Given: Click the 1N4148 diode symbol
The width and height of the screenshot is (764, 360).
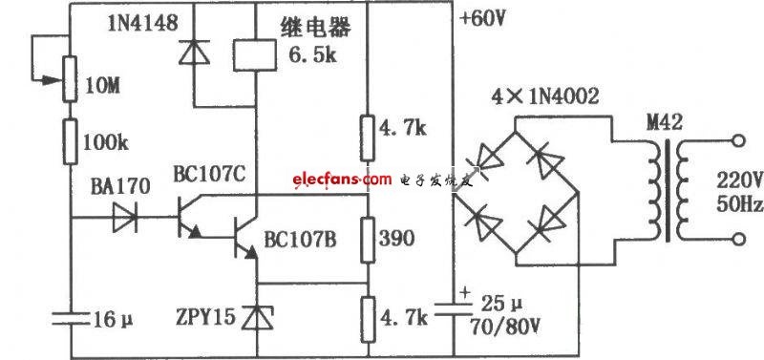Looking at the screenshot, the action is point(194,53).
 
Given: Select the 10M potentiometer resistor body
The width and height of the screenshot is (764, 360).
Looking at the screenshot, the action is point(70,79).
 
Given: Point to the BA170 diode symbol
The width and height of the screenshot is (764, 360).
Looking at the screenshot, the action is point(125,218).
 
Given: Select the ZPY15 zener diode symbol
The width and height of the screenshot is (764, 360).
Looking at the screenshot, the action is point(257,318).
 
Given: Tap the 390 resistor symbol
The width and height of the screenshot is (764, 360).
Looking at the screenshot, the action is point(369,239).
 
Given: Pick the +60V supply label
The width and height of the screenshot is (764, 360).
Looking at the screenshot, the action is point(484,19).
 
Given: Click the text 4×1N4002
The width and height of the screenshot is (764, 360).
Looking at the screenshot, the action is point(545,96).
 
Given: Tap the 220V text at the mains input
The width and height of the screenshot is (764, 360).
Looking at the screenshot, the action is point(739,181).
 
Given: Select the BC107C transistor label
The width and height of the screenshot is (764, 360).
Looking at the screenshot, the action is point(209,175).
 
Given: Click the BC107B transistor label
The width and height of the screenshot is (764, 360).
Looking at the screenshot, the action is point(300,239).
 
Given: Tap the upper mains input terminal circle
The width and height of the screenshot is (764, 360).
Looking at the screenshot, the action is point(738,141).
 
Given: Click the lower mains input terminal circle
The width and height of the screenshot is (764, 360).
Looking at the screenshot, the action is point(738,239).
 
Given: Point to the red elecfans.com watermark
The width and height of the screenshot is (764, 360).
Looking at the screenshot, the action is point(342,180).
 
